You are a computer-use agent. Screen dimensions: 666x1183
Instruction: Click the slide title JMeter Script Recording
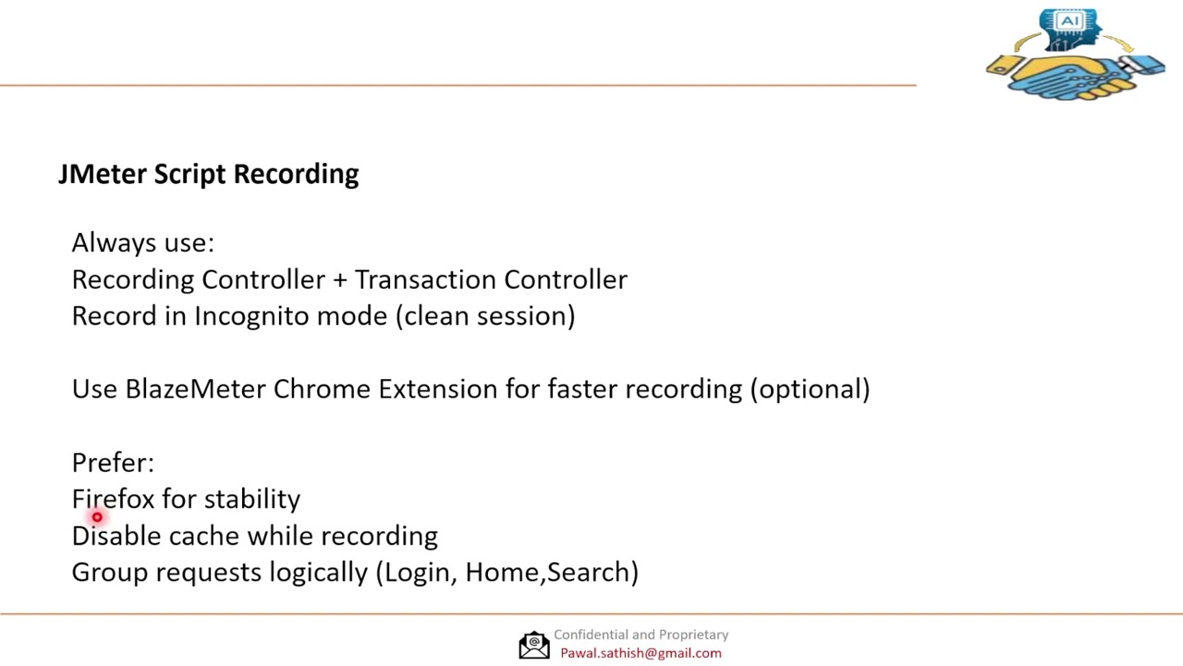[208, 174]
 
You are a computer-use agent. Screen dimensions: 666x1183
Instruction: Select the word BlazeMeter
[195, 389]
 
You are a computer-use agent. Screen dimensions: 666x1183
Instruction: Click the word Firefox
[113, 499]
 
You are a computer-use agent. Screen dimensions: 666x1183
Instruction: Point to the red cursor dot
[97, 518]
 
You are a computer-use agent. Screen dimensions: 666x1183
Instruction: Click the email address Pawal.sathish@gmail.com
[640, 653]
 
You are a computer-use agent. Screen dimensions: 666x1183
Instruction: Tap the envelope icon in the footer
[533, 645]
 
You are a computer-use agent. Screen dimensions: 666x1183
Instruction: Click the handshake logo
[1074, 74]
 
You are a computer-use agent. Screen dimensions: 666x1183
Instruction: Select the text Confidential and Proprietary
[640, 635]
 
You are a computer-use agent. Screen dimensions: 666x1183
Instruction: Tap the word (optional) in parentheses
[810, 389]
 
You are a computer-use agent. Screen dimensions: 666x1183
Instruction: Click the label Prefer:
[113, 462]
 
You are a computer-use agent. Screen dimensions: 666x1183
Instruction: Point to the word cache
[203, 536]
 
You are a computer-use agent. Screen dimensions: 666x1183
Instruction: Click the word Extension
[437, 389]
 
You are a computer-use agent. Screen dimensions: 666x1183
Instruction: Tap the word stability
[251, 499]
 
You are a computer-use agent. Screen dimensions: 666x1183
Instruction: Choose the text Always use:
[142, 243]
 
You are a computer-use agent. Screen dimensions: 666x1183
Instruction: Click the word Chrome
[322, 389]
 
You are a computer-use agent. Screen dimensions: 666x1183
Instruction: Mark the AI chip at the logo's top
[1069, 21]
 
